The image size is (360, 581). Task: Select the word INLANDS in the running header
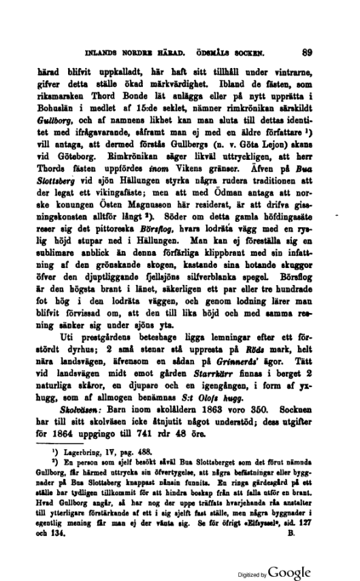pyautogui.click(x=101, y=51)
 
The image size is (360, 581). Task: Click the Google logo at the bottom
pyautogui.click(x=289, y=571)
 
